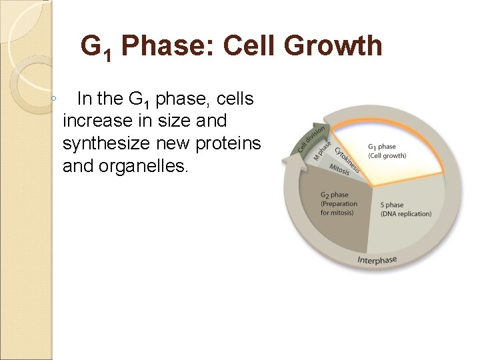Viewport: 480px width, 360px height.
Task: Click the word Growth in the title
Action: click(x=336, y=47)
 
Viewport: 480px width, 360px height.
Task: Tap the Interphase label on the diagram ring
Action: click(x=377, y=260)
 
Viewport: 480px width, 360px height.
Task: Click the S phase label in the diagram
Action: click(x=391, y=205)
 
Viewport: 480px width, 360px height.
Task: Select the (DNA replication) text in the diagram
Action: click(x=405, y=214)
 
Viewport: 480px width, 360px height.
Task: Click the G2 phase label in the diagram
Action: click(x=334, y=195)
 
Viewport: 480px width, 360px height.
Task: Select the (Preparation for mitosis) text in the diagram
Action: click(x=339, y=208)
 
